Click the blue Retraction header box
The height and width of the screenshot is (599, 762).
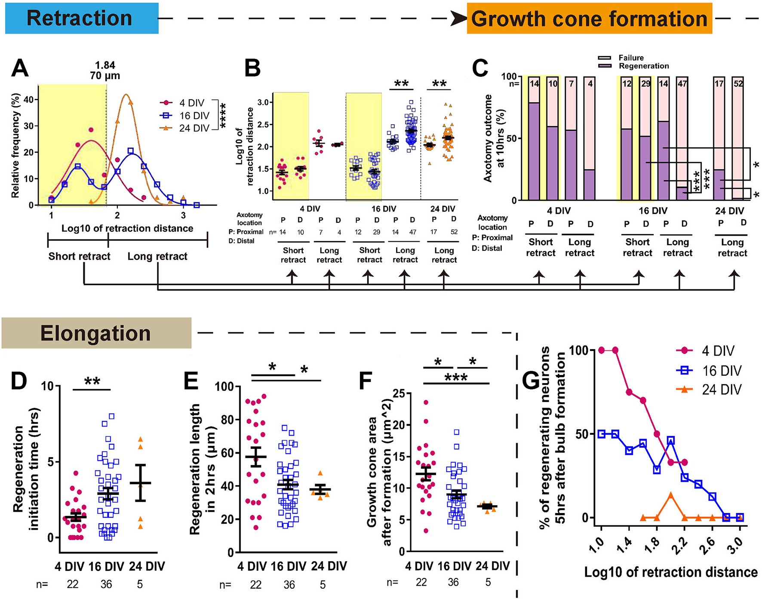[82, 18]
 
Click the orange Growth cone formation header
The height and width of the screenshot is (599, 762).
[589, 18]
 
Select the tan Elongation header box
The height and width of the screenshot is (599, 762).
[96, 333]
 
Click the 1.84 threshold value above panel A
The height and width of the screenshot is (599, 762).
[105, 65]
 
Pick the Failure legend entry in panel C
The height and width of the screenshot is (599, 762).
[631, 58]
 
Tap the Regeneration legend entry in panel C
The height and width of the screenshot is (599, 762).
[643, 66]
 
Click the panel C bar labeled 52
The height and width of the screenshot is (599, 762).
[738, 138]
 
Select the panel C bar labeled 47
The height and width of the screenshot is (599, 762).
[682, 138]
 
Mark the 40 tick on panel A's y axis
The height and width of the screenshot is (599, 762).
[28, 99]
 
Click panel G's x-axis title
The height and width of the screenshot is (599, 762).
[670, 572]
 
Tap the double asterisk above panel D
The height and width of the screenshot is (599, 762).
[92, 381]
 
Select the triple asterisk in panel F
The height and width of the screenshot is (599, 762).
[456, 378]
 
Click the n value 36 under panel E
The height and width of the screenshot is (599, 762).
[289, 585]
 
